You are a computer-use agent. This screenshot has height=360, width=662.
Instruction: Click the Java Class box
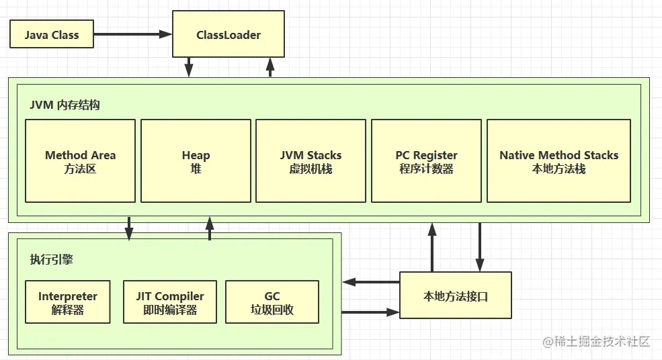(52, 35)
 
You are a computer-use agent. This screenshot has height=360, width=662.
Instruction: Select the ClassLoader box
(229, 34)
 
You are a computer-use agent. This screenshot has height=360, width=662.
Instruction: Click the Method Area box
(81, 161)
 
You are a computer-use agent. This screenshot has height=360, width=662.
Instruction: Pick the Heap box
(196, 161)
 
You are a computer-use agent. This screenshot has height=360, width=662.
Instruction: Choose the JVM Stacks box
(311, 161)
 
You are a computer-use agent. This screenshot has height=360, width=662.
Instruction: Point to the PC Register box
(426, 161)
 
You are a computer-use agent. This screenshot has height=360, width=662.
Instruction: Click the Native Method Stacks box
(558, 161)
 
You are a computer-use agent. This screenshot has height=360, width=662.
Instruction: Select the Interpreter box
(68, 303)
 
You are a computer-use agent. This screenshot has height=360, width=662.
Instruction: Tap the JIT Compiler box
(170, 303)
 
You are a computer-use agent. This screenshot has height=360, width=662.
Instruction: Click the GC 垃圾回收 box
(272, 303)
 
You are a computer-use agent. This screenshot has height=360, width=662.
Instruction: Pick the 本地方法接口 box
(455, 296)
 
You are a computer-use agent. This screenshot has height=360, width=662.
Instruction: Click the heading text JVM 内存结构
(65, 105)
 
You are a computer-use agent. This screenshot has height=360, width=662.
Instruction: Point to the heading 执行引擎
(51, 260)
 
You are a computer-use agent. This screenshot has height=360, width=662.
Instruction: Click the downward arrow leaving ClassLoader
(189, 66)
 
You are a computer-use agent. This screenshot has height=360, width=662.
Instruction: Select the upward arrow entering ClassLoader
(270, 66)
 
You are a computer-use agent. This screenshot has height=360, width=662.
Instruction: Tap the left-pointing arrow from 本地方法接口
(371, 281)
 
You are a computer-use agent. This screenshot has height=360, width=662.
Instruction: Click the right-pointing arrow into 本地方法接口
(371, 312)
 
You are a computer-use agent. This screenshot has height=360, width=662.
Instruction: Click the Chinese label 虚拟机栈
(311, 169)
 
